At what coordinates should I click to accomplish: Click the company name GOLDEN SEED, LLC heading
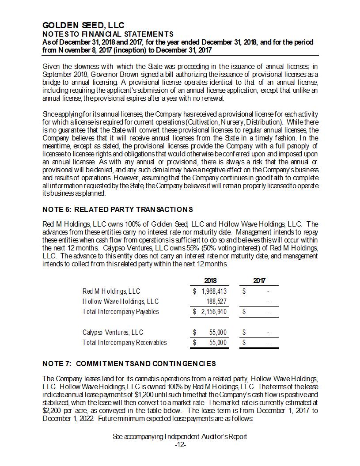tap(83, 26)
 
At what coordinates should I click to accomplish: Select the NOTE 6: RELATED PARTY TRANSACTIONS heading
tap(117, 209)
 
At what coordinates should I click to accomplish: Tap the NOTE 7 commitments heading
tap(129, 364)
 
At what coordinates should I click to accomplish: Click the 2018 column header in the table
tap(210, 281)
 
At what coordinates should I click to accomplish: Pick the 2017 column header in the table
tap(259, 281)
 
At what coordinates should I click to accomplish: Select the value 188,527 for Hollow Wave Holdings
tap(216, 301)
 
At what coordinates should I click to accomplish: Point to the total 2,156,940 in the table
tap(214, 312)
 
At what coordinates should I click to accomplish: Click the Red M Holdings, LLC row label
tap(111, 292)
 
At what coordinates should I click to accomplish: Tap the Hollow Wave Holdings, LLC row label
tap(121, 301)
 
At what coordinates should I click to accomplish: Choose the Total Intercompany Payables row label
tap(121, 312)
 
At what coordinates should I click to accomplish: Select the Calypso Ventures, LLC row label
tap(113, 333)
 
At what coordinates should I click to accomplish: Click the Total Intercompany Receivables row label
tap(125, 343)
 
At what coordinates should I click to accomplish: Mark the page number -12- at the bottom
tap(180, 445)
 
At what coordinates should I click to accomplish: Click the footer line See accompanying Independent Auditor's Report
tap(180, 437)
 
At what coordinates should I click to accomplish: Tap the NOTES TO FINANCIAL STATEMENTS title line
tap(108, 34)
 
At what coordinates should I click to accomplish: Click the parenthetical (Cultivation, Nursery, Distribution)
tap(232, 121)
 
